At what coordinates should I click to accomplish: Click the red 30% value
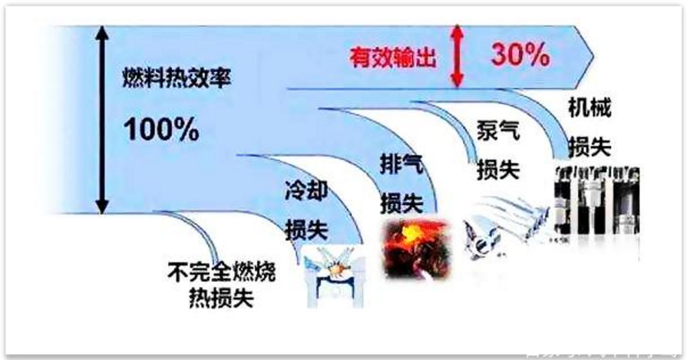point(520,54)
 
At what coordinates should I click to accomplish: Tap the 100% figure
point(161,130)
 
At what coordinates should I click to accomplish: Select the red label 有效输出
point(393,58)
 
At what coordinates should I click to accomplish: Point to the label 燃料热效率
point(177,78)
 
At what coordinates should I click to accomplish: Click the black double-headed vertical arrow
point(101,120)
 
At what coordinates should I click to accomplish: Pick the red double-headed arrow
point(457,55)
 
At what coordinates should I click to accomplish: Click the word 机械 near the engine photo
point(590,107)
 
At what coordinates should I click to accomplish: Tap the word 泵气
point(498,130)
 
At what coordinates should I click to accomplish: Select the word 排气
point(401,165)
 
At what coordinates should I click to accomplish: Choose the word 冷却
point(306,191)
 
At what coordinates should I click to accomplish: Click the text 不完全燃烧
point(221,272)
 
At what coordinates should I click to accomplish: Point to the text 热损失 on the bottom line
point(221,298)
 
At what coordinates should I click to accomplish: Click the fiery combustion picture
point(417,249)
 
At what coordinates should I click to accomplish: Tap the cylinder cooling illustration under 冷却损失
point(335,276)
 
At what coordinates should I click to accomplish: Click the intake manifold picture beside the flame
point(504,227)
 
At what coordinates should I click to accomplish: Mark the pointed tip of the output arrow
point(593,57)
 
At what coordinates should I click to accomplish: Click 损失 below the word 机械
point(590,147)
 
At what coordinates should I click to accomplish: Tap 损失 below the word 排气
point(401,204)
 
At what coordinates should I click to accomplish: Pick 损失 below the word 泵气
point(498,170)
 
